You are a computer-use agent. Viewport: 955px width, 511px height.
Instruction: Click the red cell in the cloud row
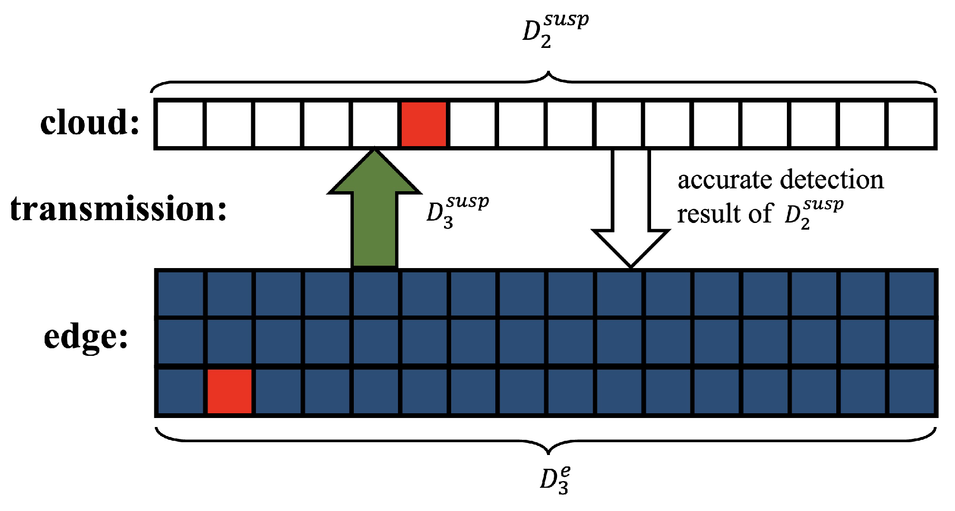[424, 124]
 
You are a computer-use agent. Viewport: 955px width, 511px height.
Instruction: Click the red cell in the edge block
[230, 392]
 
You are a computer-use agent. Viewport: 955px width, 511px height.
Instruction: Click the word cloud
[89, 123]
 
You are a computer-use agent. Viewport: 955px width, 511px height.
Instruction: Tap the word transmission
[118, 209]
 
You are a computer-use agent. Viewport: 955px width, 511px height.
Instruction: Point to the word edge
[85, 337]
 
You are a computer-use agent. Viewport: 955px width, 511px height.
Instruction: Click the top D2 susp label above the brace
[555, 30]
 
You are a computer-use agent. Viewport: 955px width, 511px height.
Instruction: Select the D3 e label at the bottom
[555, 480]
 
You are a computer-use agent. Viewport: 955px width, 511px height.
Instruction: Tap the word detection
[832, 180]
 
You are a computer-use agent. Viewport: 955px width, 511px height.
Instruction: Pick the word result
[708, 214]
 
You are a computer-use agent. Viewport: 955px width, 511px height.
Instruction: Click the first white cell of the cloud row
[180, 124]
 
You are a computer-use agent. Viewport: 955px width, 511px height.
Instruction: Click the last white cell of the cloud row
[911, 124]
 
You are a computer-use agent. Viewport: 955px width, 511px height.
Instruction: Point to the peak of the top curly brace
[548, 74]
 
